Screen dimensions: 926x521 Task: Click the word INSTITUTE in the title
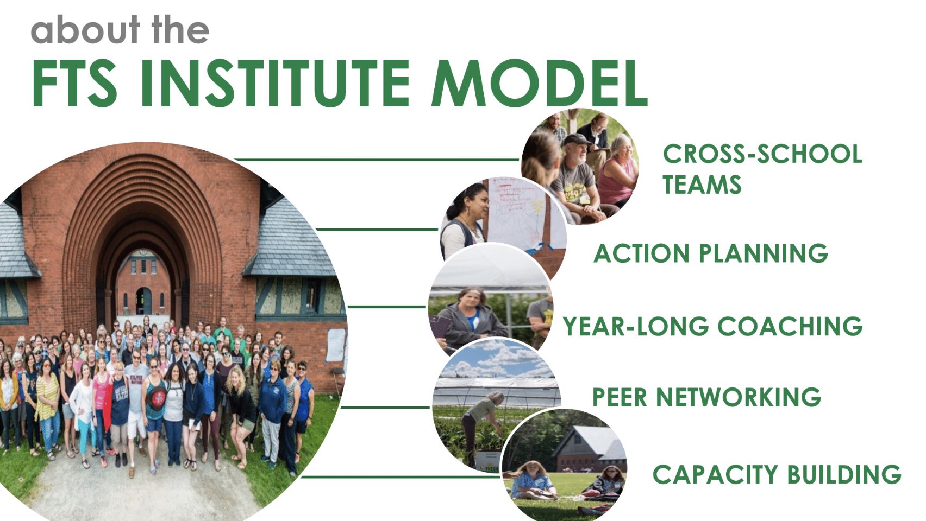[275, 83]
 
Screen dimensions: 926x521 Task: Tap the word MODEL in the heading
[540, 83]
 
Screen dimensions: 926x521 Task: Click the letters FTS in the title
[74, 83]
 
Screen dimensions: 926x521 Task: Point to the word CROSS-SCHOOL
[762, 154]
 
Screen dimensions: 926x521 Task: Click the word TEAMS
[702, 185]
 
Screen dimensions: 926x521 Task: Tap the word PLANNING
[764, 253]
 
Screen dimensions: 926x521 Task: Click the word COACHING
[790, 326]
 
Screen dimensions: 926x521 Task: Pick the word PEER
[620, 397]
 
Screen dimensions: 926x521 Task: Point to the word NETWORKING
[739, 397]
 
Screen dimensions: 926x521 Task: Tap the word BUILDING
[844, 474]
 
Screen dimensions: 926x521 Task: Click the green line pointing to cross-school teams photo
[376, 160]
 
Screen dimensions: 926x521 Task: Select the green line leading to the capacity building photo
[400, 477]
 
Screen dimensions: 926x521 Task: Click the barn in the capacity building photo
[589, 449]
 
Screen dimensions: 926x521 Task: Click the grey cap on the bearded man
[576, 139]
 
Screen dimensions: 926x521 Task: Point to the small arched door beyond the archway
[143, 301]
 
